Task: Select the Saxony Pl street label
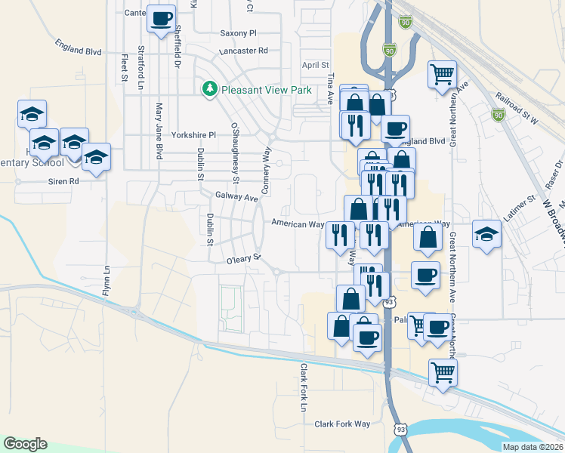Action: tap(239, 33)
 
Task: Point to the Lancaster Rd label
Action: tap(243, 51)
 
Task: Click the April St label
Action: tap(316, 66)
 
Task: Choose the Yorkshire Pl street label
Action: tap(193, 135)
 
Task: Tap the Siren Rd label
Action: tap(64, 181)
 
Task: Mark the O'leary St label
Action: tap(243, 260)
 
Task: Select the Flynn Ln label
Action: tap(107, 279)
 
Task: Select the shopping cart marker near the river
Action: tap(443, 371)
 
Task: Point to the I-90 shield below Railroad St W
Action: tap(497, 115)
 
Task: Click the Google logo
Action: tap(25, 444)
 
